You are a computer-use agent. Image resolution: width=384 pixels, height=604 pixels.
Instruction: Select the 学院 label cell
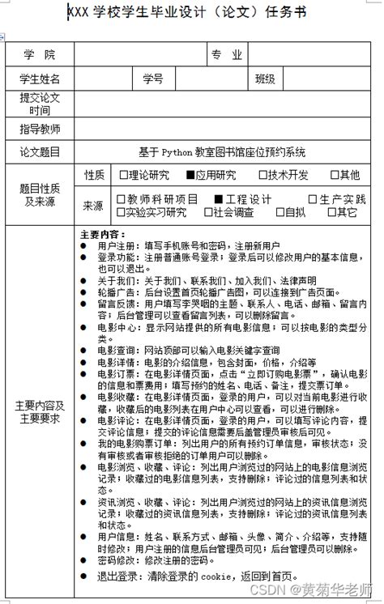click(x=40, y=55)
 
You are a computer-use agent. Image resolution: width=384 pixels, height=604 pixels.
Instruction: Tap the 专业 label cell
click(x=227, y=55)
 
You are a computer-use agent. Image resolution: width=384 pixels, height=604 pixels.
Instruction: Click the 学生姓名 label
click(x=40, y=79)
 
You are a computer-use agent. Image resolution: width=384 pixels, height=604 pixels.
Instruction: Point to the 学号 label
click(x=153, y=79)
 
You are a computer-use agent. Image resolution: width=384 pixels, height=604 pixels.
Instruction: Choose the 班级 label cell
click(x=265, y=79)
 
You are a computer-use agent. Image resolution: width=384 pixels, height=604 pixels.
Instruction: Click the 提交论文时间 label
click(x=40, y=104)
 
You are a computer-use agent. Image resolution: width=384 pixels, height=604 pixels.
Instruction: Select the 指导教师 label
click(x=40, y=129)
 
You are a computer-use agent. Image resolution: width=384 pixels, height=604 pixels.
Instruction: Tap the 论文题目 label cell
click(x=40, y=151)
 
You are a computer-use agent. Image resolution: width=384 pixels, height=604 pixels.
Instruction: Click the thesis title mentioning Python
click(x=222, y=151)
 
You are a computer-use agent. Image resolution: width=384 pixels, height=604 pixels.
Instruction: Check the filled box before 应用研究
click(x=190, y=175)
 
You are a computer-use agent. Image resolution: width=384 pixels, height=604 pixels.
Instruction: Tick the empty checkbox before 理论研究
click(x=124, y=175)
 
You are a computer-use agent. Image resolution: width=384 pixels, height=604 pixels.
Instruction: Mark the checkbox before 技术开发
click(x=262, y=175)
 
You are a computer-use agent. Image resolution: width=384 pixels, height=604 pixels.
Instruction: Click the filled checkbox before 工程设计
click(x=219, y=199)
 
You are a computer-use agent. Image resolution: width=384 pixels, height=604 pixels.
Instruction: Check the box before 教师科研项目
click(x=121, y=199)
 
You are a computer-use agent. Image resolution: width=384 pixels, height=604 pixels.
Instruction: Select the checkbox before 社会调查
click(x=207, y=212)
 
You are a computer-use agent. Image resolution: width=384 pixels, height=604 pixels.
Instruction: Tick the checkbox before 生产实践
click(x=313, y=199)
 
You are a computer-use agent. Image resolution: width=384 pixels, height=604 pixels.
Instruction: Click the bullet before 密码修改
click(x=84, y=559)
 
